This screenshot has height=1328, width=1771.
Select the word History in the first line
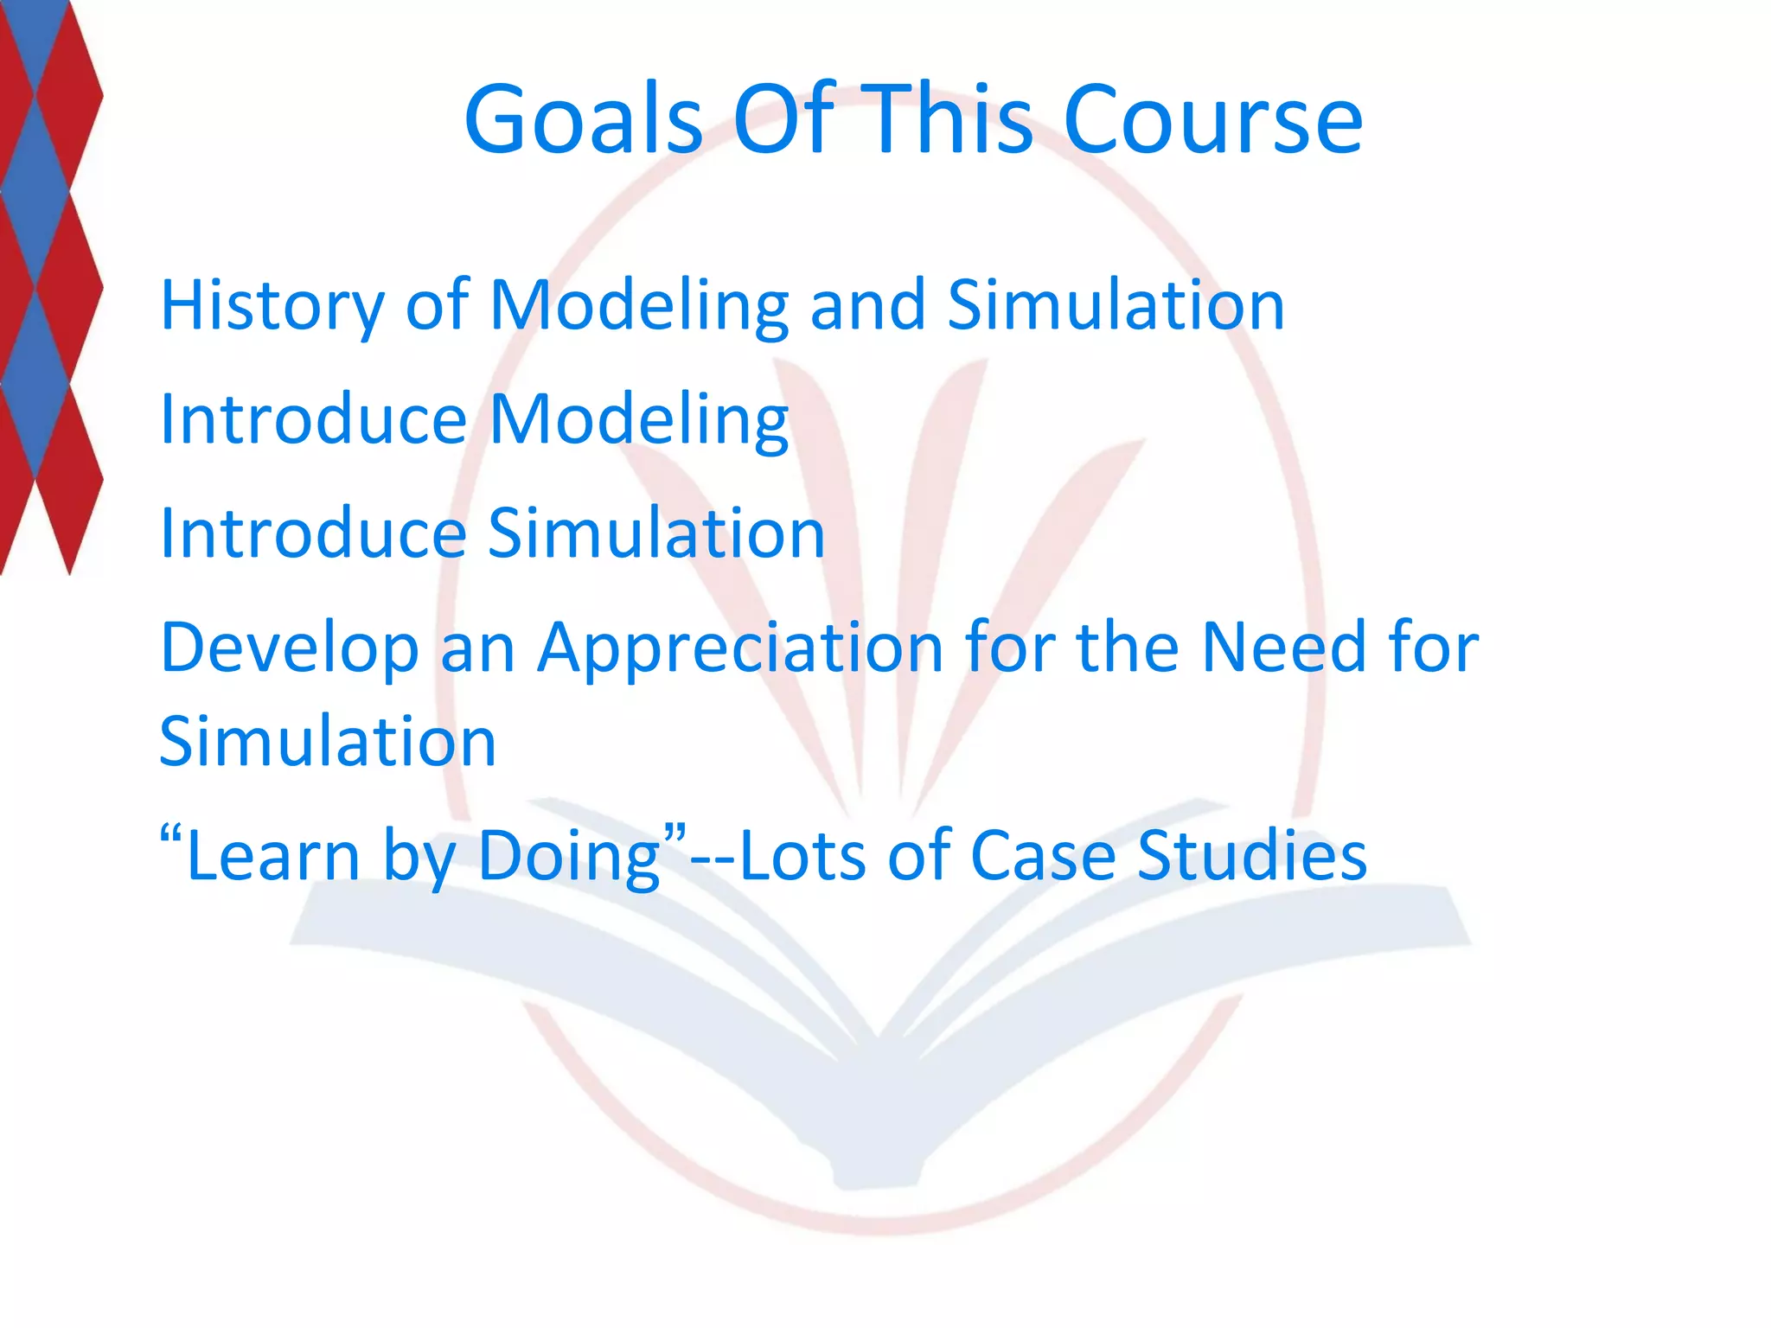272,306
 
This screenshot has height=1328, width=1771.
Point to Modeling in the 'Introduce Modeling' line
639,420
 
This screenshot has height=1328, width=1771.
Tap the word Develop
289,648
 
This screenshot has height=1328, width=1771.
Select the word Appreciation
740,648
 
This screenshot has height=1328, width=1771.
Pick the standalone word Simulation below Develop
328,742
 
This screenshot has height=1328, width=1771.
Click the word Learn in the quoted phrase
272,856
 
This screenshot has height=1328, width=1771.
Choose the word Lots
803,856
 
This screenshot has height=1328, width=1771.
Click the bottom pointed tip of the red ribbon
69,571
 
